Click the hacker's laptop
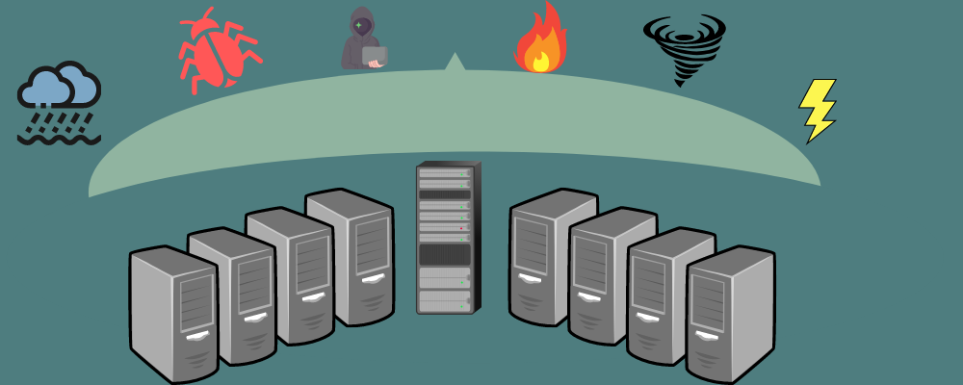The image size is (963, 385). tap(375, 57)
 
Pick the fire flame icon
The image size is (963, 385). tap(540, 40)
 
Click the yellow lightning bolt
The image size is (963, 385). tap(818, 109)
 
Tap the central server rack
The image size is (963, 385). tap(446, 237)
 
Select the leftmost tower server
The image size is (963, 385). tap(173, 313)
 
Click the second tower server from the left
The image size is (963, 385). tap(231, 294)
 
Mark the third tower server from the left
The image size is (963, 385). tap(289, 274)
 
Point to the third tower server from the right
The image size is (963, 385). tap(612, 274)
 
